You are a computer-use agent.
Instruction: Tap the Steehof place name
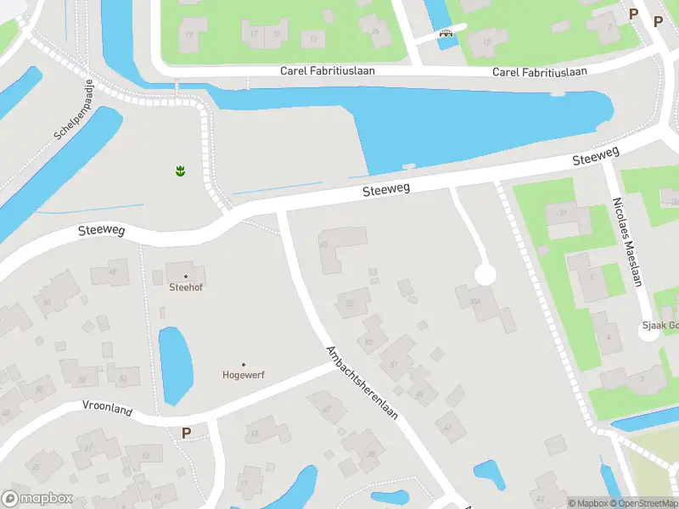[x=186, y=287]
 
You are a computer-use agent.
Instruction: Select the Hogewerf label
[x=244, y=374]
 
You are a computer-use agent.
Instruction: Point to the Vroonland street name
[x=108, y=410]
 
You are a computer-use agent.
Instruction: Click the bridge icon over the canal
[x=445, y=35]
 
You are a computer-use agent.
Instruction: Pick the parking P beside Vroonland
[x=186, y=433]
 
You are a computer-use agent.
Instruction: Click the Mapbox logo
[x=37, y=499]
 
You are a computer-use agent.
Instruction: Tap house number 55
[x=350, y=303]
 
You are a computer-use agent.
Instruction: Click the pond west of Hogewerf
[x=175, y=365]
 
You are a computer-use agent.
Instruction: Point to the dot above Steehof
[x=186, y=276]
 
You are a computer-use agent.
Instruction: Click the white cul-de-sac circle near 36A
[x=485, y=275]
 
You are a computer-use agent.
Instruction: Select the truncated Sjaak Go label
[x=659, y=326]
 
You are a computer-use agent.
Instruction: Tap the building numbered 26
[x=375, y=31]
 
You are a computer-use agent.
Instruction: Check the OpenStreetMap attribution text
[x=642, y=503]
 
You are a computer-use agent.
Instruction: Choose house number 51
[x=394, y=364]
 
